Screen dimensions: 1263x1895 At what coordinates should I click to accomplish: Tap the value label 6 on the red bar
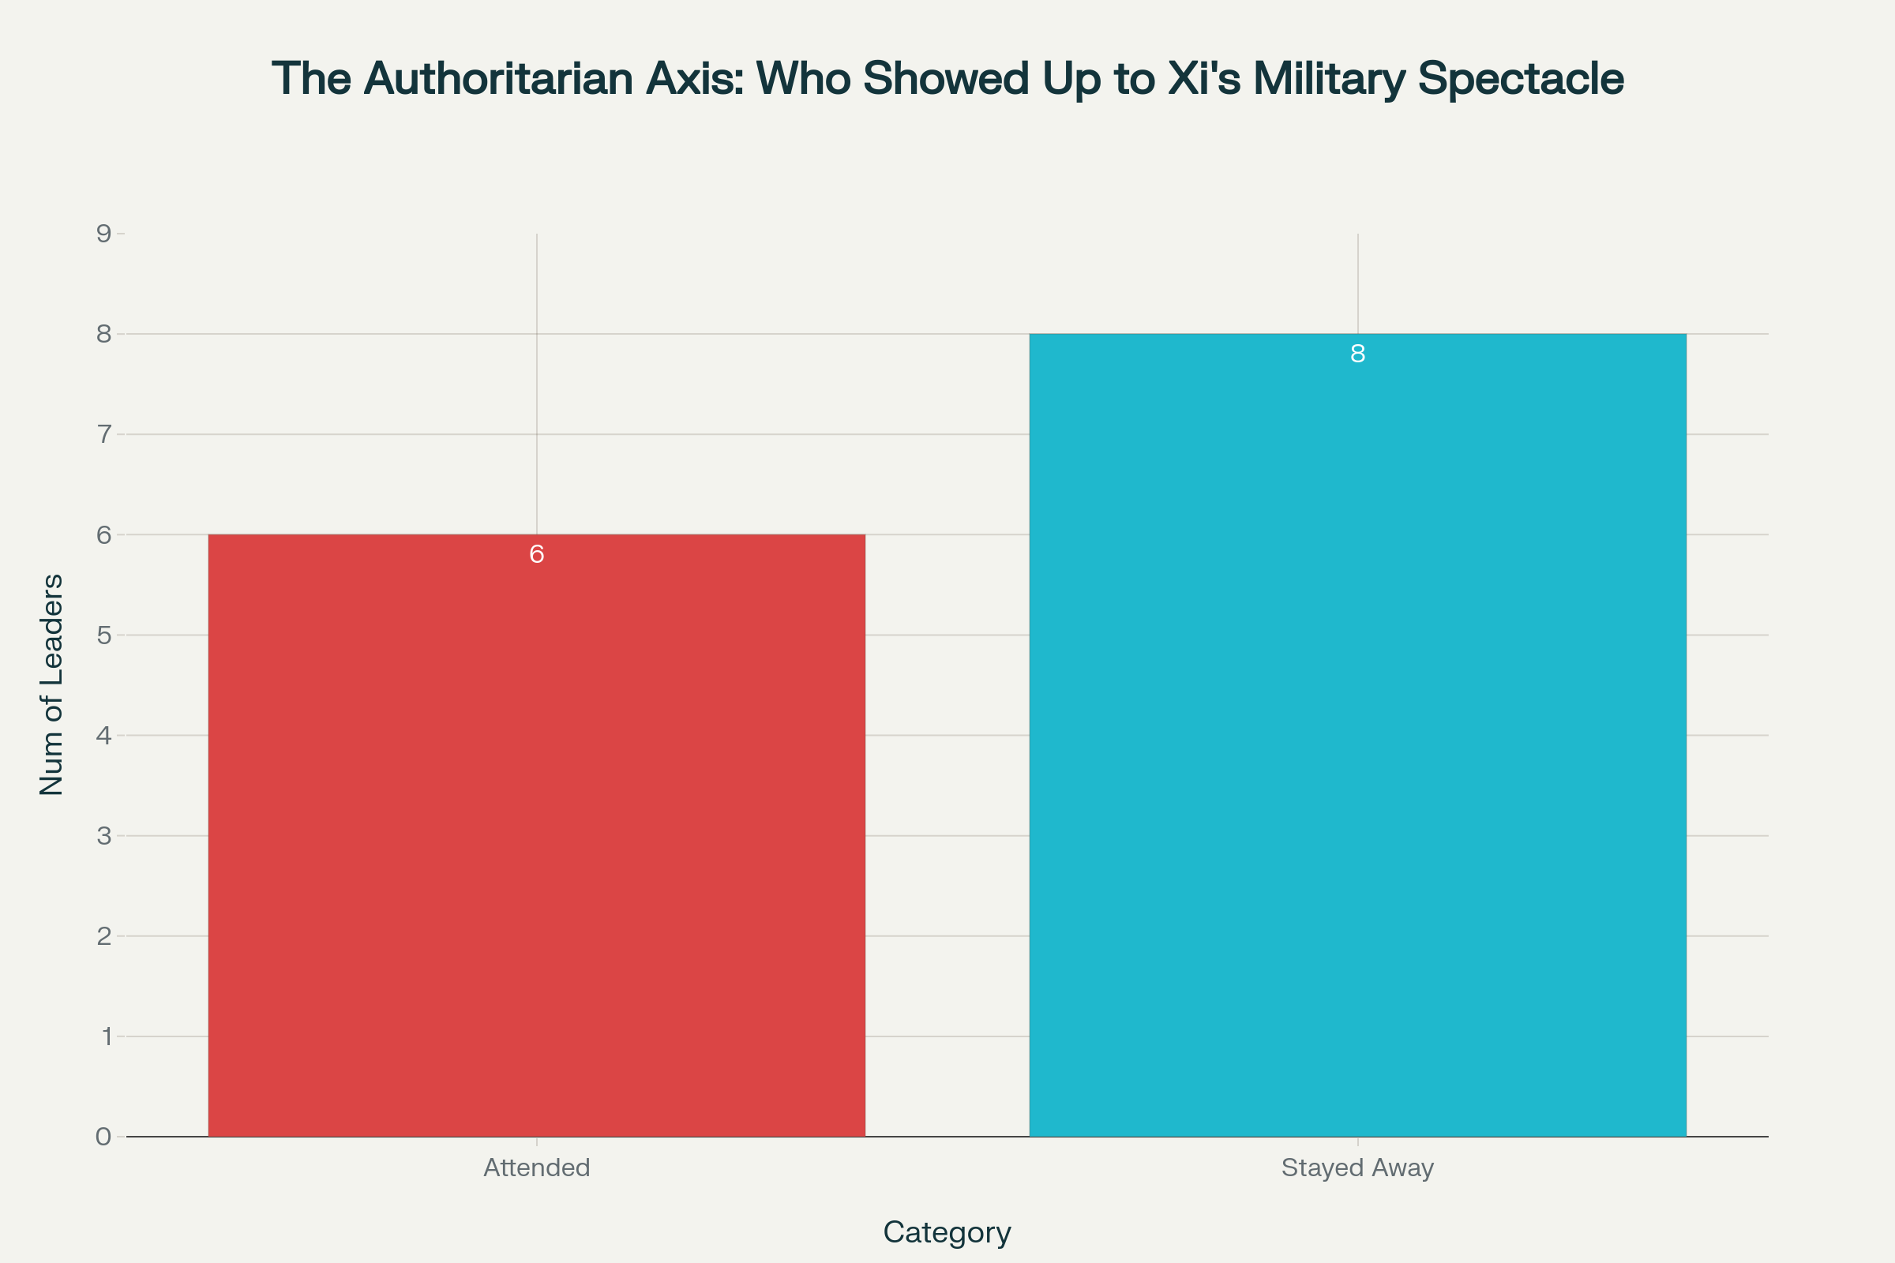(537, 554)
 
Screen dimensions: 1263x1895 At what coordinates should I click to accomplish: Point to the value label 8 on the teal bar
(1357, 354)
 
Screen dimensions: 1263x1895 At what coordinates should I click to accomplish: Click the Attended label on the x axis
(537, 1167)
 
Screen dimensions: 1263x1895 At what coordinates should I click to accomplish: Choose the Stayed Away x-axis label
(1357, 1167)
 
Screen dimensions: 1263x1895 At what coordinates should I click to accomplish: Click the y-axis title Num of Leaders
(51, 684)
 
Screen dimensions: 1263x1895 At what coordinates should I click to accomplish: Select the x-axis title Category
(947, 1231)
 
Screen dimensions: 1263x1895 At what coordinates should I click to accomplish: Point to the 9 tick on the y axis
(104, 234)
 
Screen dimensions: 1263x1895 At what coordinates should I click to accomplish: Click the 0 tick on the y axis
(104, 1137)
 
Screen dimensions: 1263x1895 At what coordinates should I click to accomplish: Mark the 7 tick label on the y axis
(104, 434)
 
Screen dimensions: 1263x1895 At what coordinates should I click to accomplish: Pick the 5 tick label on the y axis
(104, 635)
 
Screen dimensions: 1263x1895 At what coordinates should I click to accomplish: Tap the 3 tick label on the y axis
(104, 835)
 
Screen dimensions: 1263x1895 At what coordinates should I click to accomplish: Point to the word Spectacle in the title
(1521, 79)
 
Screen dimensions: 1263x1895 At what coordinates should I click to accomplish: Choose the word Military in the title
(1330, 79)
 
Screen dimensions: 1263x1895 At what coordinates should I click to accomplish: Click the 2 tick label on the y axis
(104, 936)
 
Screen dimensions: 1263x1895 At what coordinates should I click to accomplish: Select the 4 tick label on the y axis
(104, 735)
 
